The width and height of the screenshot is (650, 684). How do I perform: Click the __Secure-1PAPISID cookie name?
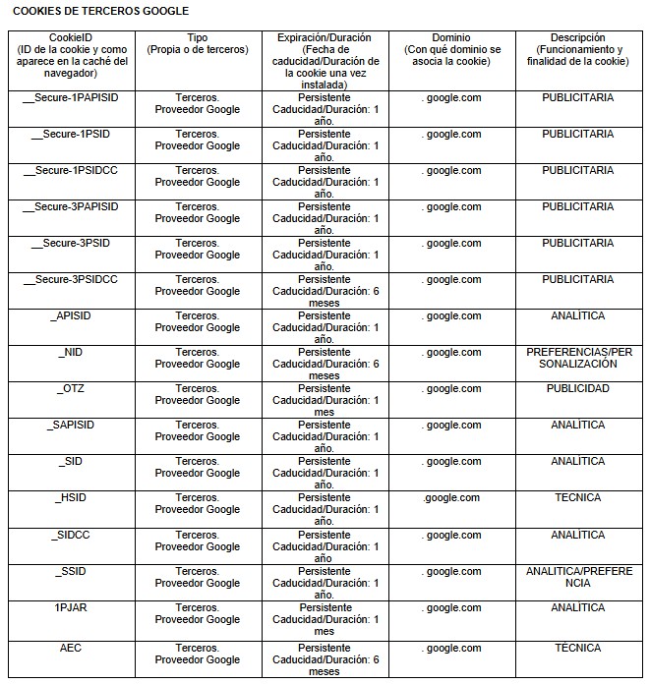tap(71, 97)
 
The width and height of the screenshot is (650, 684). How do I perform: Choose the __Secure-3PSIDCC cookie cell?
tap(71, 279)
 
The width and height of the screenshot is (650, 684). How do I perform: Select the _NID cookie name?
tap(71, 352)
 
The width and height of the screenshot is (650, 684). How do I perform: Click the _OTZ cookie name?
tap(71, 388)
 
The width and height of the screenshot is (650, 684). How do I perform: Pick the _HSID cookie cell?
tap(71, 497)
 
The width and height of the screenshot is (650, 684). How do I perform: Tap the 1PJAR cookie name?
tap(71, 607)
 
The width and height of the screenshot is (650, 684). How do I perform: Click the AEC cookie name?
tap(71, 648)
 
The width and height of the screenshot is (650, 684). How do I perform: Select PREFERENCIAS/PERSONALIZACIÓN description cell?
tap(577, 358)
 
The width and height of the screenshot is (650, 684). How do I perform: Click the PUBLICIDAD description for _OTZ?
tap(577, 388)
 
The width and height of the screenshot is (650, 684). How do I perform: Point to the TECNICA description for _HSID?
tap(577, 497)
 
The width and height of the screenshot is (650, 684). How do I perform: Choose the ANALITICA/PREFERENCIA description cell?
tap(577, 577)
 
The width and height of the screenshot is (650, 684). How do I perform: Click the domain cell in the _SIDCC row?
tap(451, 535)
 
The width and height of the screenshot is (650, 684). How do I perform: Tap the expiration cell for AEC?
tap(325, 659)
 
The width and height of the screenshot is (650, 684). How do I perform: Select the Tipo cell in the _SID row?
tap(197, 467)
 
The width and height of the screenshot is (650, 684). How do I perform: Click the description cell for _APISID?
tap(577, 315)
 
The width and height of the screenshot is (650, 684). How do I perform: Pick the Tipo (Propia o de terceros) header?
tap(197, 43)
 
